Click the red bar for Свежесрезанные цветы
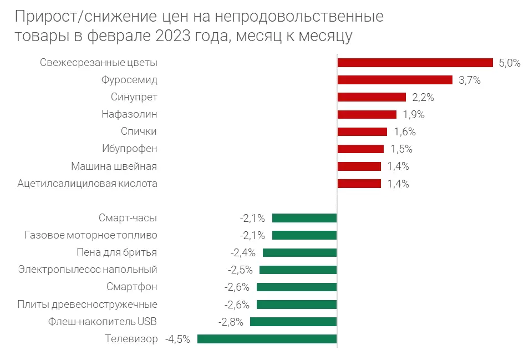[x=415, y=63]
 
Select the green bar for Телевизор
[x=267, y=339]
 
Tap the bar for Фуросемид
[x=395, y=80]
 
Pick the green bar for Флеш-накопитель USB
[x=293, y=322]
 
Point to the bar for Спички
[x=362, y=131]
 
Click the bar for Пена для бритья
[x=299, y=252]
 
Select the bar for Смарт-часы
[x=304, y=218]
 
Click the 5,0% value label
[x=510, y=63]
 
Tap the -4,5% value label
[x=177, y=339]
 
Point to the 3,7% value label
[x=469, y=80]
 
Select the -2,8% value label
[x=230, y=322]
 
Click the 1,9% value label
[x=413, y=115]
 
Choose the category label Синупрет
[x=134, y=97]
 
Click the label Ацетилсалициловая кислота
[x=88, y=184]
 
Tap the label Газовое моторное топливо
[x=91, y=235]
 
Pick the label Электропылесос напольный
[x=88, y=270]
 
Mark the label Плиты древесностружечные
[x=88, y=305]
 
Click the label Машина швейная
[x=114, y=166]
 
